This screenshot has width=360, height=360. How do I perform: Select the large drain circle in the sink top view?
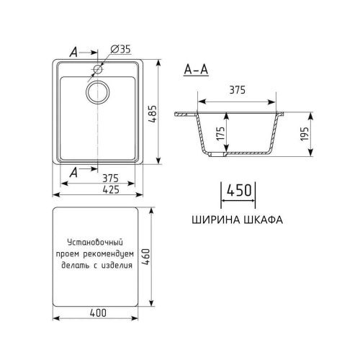pos(99,91)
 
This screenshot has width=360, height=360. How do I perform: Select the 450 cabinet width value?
pos(238,191)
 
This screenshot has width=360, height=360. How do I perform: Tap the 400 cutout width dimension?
pos(99,312)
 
